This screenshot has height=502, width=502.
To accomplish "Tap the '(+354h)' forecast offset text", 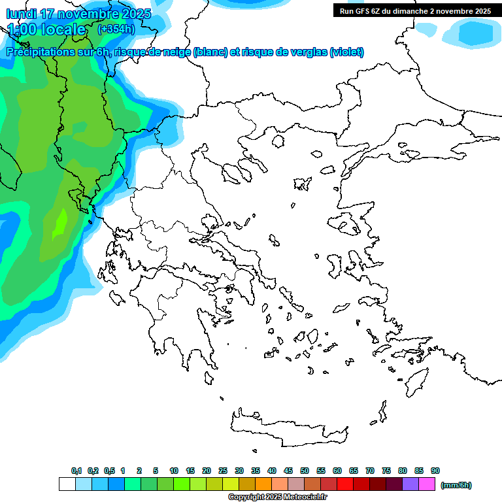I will click(x=116, y=29).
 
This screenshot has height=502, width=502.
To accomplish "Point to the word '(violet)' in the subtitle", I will click(x=346, y=52).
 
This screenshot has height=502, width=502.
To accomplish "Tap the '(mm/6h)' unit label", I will click(x=456, y=485).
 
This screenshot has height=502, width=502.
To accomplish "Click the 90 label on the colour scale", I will click(x=435, y=471).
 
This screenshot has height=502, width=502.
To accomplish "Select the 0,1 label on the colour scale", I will click(x=76, y=471).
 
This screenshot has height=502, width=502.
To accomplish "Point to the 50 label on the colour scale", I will click(x=305, y=471).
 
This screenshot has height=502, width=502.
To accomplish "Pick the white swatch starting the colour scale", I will click(x=67, y=484).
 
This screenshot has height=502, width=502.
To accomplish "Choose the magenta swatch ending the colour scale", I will click(x=427, y=484).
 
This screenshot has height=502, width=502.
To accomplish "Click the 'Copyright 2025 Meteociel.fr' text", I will click(x=278, y=497).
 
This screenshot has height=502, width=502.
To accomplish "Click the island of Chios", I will click(x=335, y=265).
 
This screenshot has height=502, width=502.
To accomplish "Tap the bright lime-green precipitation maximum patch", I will click(x=61, y=222).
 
